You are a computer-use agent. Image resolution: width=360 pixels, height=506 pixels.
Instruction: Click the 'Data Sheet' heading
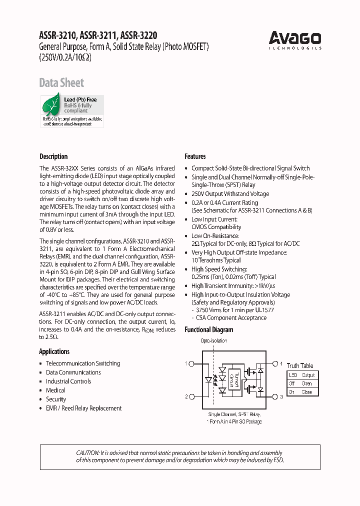point(61,83)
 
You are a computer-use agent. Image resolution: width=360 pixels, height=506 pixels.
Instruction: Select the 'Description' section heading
point(53,156)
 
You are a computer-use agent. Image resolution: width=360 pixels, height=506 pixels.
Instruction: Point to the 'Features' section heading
point(195,156)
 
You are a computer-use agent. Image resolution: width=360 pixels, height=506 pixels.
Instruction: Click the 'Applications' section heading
point(54,351)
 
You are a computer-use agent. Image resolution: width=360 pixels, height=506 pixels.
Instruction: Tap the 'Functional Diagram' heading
point(209,330)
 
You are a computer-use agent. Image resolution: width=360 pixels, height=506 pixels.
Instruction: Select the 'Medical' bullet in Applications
point(55,390)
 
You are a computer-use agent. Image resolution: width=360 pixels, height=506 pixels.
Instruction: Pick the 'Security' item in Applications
point(56,399)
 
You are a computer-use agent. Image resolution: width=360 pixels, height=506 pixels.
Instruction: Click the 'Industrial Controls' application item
point(68,381)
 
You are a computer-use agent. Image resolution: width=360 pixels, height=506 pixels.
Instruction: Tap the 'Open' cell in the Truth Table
point(307,383)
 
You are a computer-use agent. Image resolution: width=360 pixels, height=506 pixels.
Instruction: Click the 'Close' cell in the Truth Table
point(307,392)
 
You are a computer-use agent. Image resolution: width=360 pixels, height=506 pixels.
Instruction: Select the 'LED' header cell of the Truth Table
point(293,375)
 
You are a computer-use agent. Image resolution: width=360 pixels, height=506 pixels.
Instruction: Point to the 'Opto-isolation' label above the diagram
point(214,341)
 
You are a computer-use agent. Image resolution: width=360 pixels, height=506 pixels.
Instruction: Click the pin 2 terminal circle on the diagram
point(191,396)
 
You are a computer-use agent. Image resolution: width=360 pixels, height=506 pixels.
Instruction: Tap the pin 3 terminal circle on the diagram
point(275,396)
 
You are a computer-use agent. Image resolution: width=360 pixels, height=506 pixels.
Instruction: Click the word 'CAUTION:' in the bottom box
point(88,452)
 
